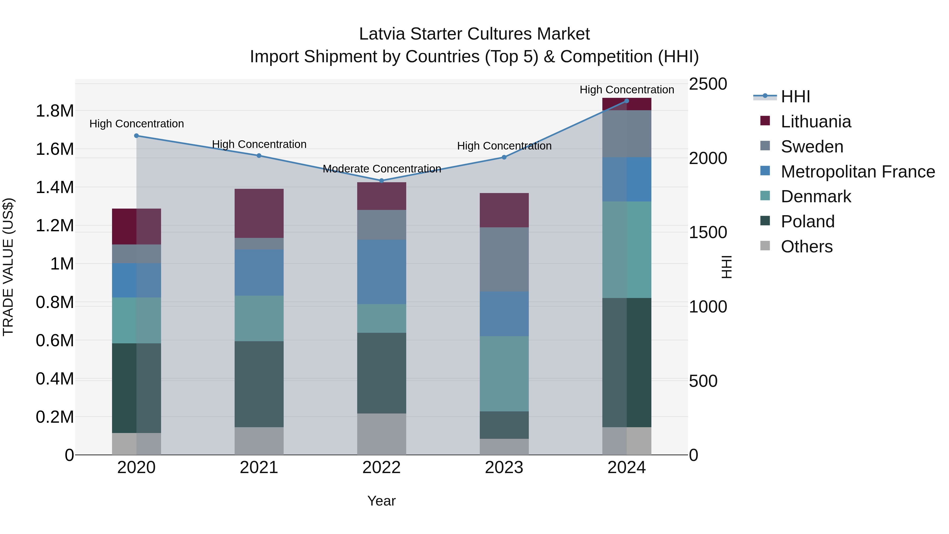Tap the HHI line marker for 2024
[x=627, y=101]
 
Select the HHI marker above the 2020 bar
[x=136, y=136]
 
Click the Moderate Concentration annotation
[x=382, y=169]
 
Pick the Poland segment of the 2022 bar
[x=382, y=373]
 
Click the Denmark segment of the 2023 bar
[x=504, y=374]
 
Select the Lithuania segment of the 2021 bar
[x=259, y=213]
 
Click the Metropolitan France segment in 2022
[x=382, y=272]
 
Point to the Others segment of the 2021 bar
[x=259, y=441]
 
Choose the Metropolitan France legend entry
[x=858, y=172]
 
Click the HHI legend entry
[x=795, y=97]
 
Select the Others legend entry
[x=806, y=247]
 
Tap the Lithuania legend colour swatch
[x=765, y=121]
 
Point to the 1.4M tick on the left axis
[x=55, y=187]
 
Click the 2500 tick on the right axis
[x=708, y=84]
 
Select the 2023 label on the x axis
[x=504, y=468]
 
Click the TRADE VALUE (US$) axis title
[x=8, y=267]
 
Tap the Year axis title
[x=381, y=501]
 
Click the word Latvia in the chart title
[x=382, y=34]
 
